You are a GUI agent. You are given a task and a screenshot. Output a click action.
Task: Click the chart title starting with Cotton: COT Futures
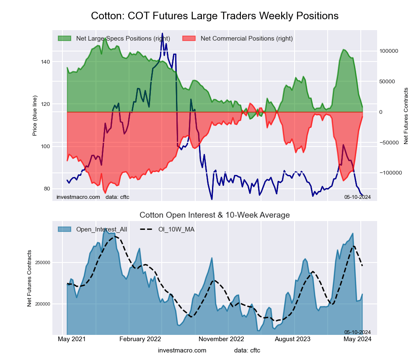[x=215, y=16]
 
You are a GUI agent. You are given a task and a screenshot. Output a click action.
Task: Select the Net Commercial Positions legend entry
[x=246, y=39]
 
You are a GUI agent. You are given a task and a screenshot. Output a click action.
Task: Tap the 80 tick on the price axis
[x=47, y=188]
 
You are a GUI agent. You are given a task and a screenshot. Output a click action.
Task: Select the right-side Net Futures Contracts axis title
[x=406, y=116]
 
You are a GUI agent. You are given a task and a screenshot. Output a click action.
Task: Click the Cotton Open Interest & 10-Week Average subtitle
[x=215, y=215]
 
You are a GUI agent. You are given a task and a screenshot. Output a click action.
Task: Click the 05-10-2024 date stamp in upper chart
[x=357, y=197]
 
